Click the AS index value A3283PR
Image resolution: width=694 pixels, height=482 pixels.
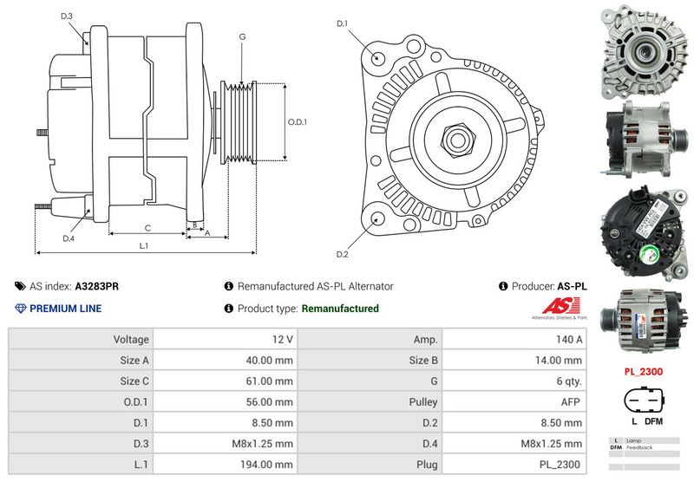(x=97, y=286)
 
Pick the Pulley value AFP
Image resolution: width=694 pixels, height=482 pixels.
(x=570, y=401)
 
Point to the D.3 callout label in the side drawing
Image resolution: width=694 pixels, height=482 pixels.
(x=67, y=16)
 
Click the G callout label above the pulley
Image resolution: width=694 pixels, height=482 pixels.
(x=242, y=36)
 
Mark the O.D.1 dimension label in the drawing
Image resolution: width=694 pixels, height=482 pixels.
(x=298, y=121)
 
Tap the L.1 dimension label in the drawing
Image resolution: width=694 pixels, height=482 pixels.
(x=144, y=246)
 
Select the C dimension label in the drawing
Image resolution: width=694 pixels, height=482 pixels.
(x=148, y=228)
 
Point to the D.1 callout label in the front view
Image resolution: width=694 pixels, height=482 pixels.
(x=342, y=23)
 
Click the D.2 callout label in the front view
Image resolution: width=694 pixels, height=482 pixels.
(x=342, y=253)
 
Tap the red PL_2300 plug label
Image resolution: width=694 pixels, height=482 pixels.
(x=644, y=371)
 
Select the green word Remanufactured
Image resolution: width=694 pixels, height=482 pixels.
(x=339, y=309)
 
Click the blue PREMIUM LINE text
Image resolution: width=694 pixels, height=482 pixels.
(x=65, y=309)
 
